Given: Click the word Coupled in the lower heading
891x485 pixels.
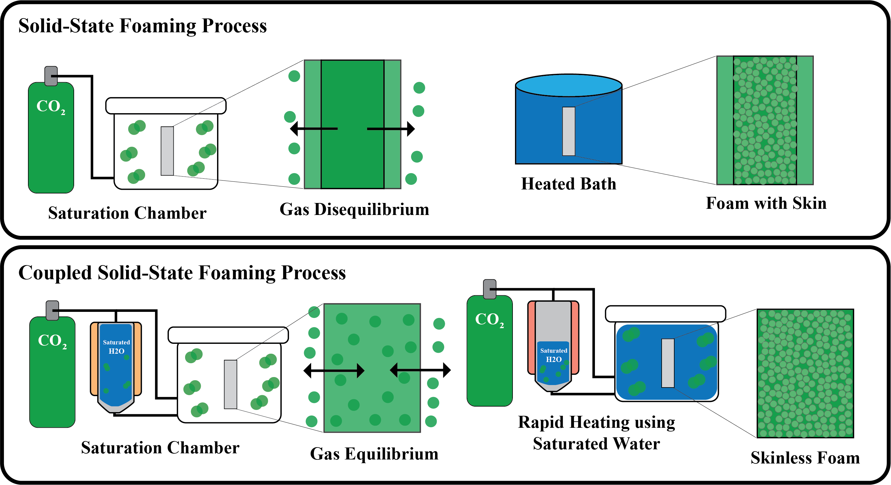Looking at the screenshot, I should pyautogui.click(x=55, y=272).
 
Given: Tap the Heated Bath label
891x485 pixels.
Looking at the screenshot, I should pyautogui.click(x=569, y=184).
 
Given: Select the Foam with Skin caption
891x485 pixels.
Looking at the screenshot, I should pyautogui.click(x=766, y=203).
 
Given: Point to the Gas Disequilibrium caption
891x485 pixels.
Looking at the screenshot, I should pyautogui.click(x=354, y=209).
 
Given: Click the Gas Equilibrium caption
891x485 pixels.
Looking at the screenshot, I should pyautogui.click(x=374, y=454).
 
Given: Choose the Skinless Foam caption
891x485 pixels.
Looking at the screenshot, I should pyautogui.click(x=805, y=458).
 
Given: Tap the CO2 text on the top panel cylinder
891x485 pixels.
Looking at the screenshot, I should pyautogui.click(x=50, y=106).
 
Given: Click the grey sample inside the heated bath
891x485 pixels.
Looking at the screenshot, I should pyautogui.click(x=569, y=131).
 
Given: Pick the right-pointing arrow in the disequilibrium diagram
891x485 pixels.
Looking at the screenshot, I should pyautogui.click(x=391, y=129).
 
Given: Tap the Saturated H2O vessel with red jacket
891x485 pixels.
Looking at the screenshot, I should pyautogui.click(x=553, y=346).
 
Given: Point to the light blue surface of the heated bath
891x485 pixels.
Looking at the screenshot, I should pyautogui.click(x=569, y=85).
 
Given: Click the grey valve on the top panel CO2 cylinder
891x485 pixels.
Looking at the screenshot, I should pyautogui.click(x=51, y=76).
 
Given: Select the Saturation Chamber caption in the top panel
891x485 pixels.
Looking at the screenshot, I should pyautogui.click(x=127, y=213).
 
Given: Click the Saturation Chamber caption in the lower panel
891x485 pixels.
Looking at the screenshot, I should pyautogui.click(x=160, y=448).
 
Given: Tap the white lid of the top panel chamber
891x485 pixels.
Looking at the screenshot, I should pyautogui.click(x=166, y=106).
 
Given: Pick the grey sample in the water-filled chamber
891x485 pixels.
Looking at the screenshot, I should pyautogui.click(x=667, y=363).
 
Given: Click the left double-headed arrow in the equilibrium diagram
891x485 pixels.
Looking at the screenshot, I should pyautogui.click(x=334, y=371).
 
